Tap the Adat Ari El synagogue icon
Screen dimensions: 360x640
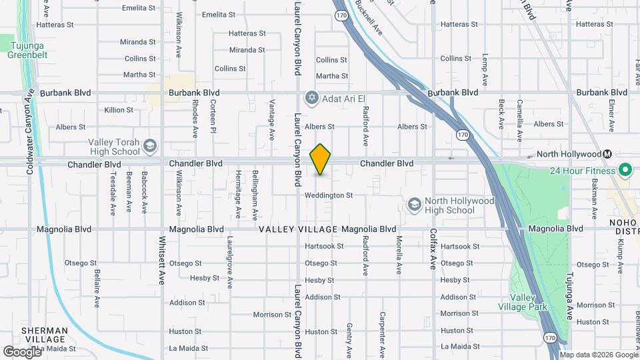coord(311,99)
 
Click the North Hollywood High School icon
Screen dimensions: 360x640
coord(414,203)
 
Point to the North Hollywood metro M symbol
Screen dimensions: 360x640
coord(607,154)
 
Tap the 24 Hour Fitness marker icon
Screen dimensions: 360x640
coord(625,171)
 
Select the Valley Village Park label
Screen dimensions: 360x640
coord(523,302)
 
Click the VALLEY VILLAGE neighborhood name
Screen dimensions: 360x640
coord(298,229)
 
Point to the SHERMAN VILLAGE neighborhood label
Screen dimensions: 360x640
coord(44,335)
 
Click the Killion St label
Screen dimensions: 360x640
coord(119,110)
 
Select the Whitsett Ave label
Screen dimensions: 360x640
coord(162,261)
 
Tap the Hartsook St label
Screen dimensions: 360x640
coord(324,246)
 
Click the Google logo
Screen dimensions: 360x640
coord(23,351)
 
